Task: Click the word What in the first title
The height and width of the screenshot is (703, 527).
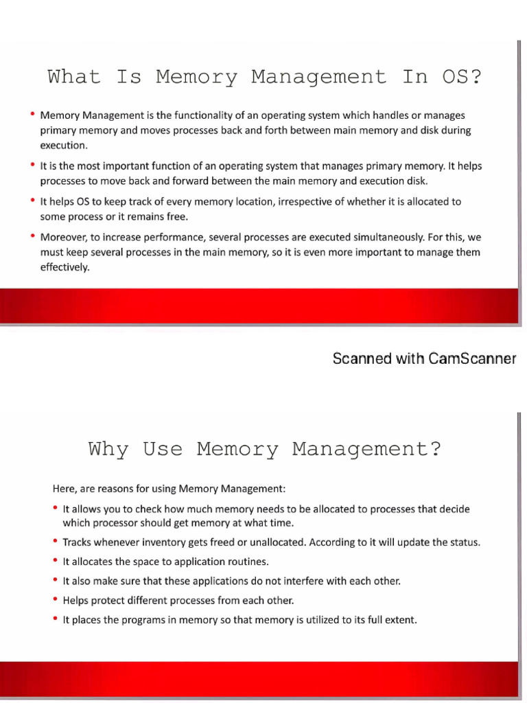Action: coord(73,77)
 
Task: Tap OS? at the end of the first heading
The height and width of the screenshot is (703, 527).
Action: coord(460,77)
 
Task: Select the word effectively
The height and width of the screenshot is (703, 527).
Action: coord(65,268)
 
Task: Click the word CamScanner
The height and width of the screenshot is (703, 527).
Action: coord(473,358)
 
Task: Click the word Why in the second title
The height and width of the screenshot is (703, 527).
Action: coord(108,450)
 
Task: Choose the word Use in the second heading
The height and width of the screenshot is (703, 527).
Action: coord(163,450)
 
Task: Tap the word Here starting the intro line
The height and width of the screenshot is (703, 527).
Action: coord(65,489)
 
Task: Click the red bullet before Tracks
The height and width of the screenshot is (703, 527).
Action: coord(55,541)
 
